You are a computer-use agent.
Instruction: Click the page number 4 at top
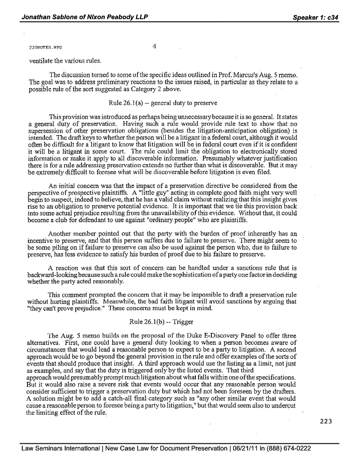click(x=154, y=47)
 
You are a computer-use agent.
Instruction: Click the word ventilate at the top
click(x=43, y=59)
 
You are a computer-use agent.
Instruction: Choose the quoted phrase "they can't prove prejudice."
click(x=66, y=307)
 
